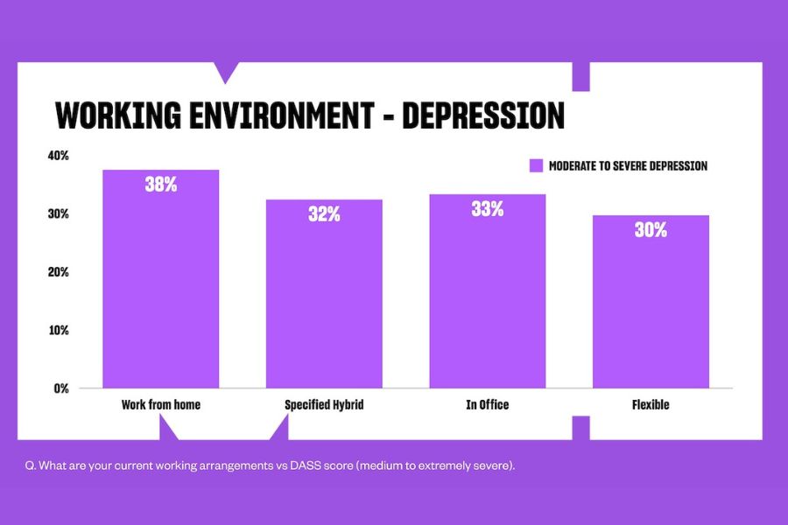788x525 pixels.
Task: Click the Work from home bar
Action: (x=160, y=280)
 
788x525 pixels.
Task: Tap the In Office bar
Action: (x=487, y=292)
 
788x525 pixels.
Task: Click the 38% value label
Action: (x=161, y=185)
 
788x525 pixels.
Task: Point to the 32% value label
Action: (x=324, y=214)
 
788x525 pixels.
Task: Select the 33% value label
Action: (x=487, y=209)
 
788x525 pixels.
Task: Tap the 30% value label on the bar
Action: (x=651, y=230)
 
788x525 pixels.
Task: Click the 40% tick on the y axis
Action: (x=59, y=156)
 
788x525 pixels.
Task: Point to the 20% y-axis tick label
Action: (x=59, y=272)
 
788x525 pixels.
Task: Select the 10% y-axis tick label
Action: (x=59, y=331)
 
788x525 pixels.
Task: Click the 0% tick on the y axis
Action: (x=61, y=388)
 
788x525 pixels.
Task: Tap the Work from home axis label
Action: (x=160, y=405)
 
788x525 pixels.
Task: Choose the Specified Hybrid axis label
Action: (x=324, y=405)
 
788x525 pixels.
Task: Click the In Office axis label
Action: (x=487, y=405)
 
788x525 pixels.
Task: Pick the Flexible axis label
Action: (x=651, y=405)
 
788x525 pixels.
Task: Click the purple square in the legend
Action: (x=537, y=165)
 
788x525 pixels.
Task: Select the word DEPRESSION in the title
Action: (x=483, y=116)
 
